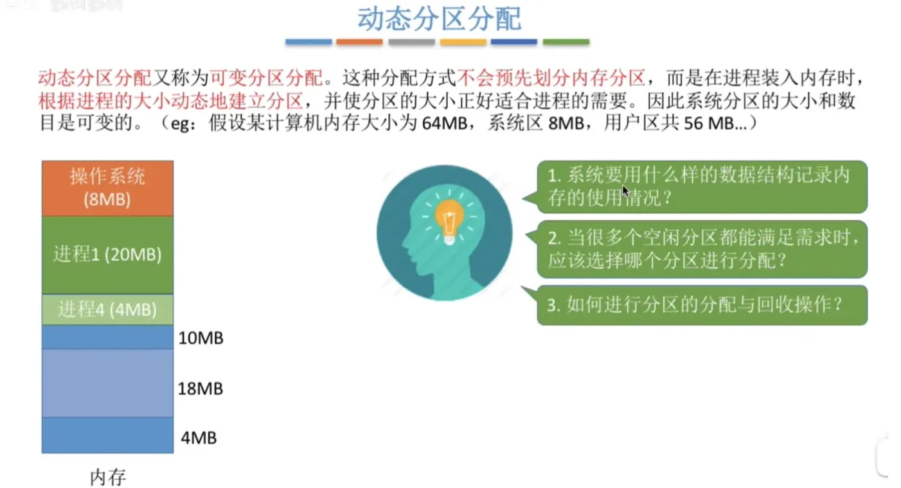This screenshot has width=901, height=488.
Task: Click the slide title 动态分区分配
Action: click(x=439, y=19)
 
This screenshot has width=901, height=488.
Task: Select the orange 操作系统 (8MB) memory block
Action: click(x=107, y=188)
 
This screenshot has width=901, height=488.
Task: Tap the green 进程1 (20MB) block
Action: click(x=107, y=255)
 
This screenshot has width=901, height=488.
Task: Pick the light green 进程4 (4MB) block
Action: click(x=107, y=309)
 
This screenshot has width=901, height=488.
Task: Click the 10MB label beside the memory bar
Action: click(x=201, y=338)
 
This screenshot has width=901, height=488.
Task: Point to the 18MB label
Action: click(x=201, y=388)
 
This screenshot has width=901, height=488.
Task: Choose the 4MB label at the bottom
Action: click(x=199, y=438)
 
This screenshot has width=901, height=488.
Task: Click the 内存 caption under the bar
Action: click(x=108, y=477)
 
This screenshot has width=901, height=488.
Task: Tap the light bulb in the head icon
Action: click(x=450, y=221)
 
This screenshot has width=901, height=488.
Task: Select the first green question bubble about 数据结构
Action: click(x=702, y=187)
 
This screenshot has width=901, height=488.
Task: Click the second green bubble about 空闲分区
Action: click(x=702, y=249)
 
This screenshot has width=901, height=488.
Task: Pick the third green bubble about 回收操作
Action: click(x=702, y=305)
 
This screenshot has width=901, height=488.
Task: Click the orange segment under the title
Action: click(x=360, y=42)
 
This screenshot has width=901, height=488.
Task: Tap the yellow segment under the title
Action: click(x=463, y=42)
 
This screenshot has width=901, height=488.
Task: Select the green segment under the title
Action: click(x=566, y=42)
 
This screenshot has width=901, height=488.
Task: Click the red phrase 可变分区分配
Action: click(x=266, y=78)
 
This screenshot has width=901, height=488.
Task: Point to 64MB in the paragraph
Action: click(x=445, y=123)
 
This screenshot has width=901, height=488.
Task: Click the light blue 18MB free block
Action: click(x=107, y=383)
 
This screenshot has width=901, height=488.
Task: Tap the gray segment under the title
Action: click(x=411, y=42)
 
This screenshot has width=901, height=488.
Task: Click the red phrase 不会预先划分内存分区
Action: click(x=551, y=78)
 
